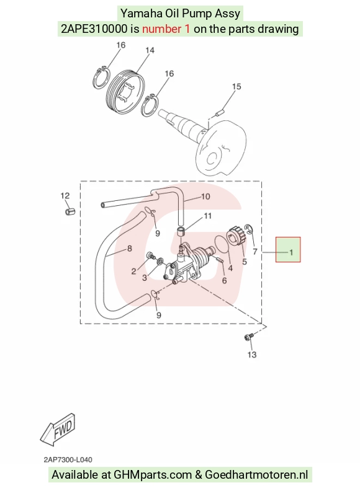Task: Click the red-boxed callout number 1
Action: (291, 252)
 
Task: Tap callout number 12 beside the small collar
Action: (65, 196)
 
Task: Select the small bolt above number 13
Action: (250, 337)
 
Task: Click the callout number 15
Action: (236, 87)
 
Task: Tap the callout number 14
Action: (150, 50)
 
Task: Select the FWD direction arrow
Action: (58, 429)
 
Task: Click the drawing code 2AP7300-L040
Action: (68, 459)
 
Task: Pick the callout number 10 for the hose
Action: (205, 197)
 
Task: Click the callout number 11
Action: (207, 216)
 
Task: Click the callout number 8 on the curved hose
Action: (130, 249)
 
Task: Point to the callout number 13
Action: (252, 355)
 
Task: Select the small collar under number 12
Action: (70, 212)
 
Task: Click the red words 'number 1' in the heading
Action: (166, 29)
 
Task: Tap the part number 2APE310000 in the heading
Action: (94, 29)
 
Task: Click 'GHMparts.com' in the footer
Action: (153, 475)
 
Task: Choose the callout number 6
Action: (224, 281)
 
